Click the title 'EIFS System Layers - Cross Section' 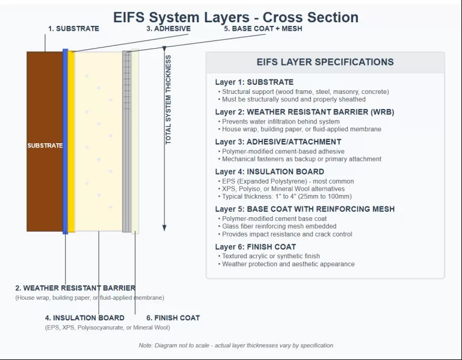tap(236, 17)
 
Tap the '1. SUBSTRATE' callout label tap(73, 28)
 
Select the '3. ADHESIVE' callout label tap(168, 28)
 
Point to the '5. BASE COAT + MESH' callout tap(263, 28)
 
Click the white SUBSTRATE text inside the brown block tap(45, 146)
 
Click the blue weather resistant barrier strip tap(65, 141)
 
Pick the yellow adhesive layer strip tap(71, 141)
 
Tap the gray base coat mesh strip tap(126, 141)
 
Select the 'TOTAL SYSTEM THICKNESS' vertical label tap(168, 99)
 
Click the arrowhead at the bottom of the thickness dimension tap(164, 228)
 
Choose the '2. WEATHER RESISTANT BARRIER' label tap(75, 288)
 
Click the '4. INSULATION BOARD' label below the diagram tap(85, 318)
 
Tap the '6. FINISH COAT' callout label tap(173, 318)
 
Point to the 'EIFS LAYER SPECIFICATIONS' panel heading tap(325, 62)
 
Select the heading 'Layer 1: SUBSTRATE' tap(254, 82)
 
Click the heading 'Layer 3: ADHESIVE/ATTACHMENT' tap(278, 142)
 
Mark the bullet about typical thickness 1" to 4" tap(286, 196)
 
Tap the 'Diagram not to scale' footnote tap(236, 346)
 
